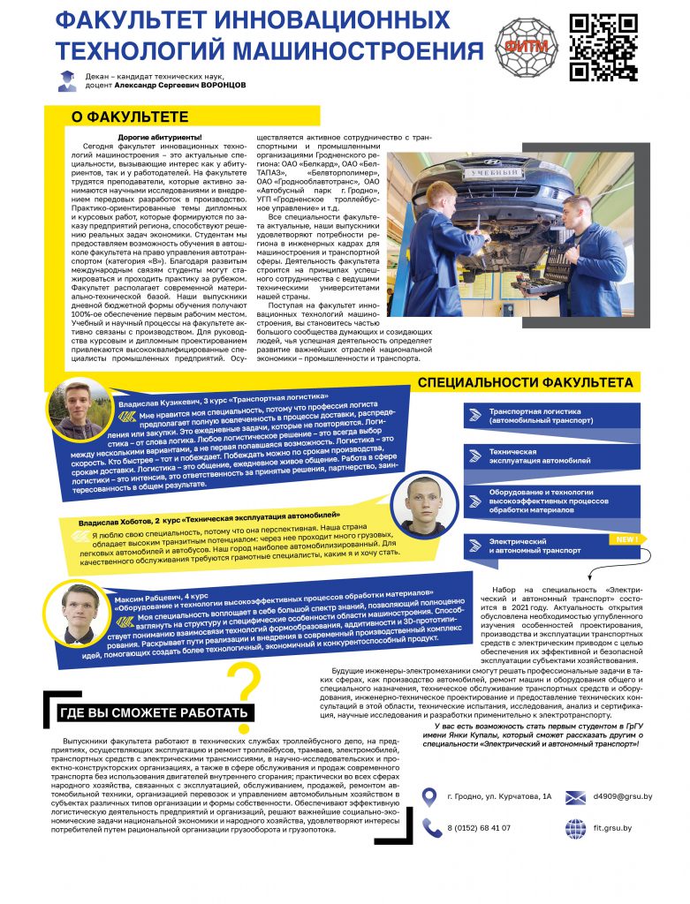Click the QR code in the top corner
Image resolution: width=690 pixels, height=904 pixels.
pyautogui.click(x=603, y=47)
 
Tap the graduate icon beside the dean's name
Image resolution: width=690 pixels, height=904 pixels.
pyautogui.click(x=67, y=81)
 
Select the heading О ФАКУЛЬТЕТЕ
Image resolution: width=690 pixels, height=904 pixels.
pyautogui.click(x=130, y=117)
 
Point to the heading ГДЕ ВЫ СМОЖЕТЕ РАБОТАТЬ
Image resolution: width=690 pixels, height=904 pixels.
pyautogui.click(x=155, y=713)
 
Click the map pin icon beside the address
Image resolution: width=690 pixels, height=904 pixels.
pyautogui.click(x=429, y=797)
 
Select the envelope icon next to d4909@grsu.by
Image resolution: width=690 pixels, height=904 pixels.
pyautogui.click(x=575, y=797)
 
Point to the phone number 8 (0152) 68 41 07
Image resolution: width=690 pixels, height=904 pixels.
pyautogui.click(x=479, y=827)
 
